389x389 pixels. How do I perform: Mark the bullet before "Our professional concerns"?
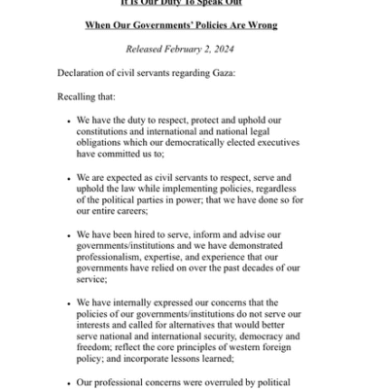coord(67,382)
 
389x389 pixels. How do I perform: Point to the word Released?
coord(150,49)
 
